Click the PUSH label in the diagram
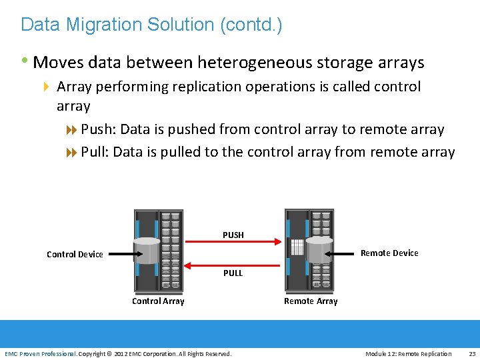point(233,235)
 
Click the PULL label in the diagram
point(233,273)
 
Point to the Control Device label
point(75,254)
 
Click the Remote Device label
point(389,253)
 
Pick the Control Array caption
point(158,301)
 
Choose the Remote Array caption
point(311,301)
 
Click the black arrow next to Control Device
point(123,253)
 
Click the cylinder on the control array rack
point(147,251)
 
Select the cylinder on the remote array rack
point(319,249)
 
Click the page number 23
point(472,353)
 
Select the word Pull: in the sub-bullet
point(95,152)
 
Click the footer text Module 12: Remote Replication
point(408,353)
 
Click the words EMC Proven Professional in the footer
point(41,353)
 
